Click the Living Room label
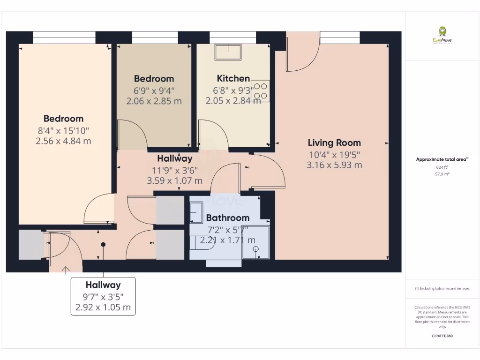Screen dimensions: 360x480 334,142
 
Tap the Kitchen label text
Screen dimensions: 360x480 233,78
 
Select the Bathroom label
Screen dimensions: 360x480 228,217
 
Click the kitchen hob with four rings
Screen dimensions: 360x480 260,91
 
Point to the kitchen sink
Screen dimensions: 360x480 228,52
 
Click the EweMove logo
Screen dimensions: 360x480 442,35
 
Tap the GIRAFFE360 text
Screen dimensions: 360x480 442,336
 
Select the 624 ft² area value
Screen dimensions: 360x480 442,167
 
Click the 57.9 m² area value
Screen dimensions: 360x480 442,174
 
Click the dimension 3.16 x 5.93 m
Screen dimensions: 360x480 334,165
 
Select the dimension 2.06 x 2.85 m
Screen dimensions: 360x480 154,101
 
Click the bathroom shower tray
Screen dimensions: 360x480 256,242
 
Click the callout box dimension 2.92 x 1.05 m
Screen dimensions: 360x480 103,308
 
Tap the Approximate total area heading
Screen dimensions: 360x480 442,159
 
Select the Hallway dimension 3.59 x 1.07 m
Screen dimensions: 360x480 175,180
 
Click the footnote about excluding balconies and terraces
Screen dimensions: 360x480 442,289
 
